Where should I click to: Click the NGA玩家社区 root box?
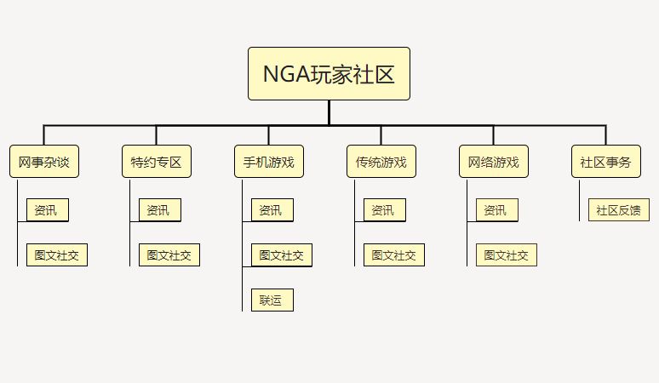point(329,73)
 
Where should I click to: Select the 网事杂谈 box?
point(44,161)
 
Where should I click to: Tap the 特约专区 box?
point(157,161)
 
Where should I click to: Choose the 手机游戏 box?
point(269,161)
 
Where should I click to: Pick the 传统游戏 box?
point(381,161)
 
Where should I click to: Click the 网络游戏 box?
point(494,161)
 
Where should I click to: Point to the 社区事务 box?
point(606,161)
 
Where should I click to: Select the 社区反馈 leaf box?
point(619,210)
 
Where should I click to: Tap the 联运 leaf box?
point(272,300)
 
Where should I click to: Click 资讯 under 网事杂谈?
point(48,210)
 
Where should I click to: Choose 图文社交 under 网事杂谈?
point(57,255)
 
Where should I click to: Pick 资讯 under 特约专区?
point(160,210)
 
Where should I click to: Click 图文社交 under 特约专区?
point(169,255)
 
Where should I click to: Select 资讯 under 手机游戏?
point(272,210)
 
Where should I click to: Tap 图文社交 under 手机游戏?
point(282,255)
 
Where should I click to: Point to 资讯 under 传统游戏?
point(385,210)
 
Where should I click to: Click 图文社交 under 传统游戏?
point(394,255)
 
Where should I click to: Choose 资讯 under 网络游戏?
point(497,210)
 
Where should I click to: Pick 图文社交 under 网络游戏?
point(507,255)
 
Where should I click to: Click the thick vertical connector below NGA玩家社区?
point(329,112)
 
